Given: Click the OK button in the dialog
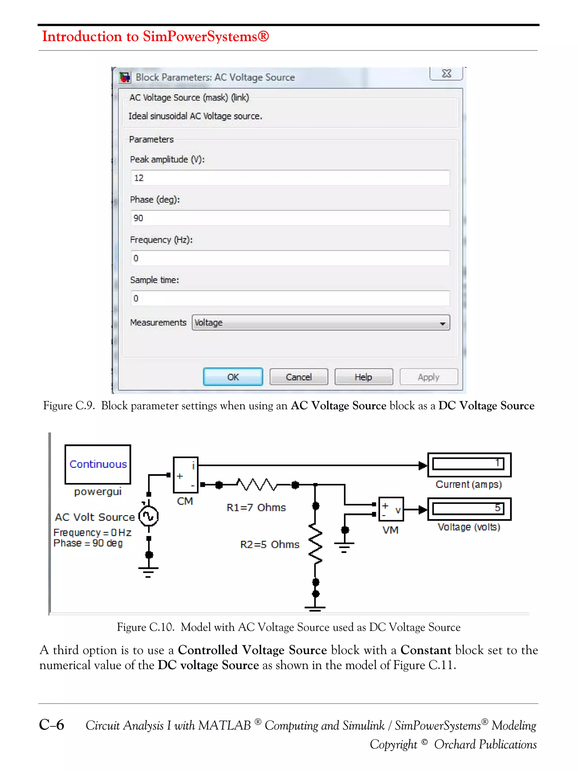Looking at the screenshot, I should click(233, 377).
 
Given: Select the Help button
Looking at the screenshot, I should click(364, 377).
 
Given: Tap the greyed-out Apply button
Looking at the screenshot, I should click(428, 377).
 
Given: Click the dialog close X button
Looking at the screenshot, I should click(446, 74).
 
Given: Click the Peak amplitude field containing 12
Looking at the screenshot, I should click(290, 178).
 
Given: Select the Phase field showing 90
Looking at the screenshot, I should click(290, 218).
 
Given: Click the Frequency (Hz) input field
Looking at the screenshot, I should click(290, 258).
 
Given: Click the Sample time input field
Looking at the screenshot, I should click(290, 298).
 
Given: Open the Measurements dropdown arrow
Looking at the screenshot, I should click(443, 323).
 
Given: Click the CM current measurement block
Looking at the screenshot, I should click(185, 475).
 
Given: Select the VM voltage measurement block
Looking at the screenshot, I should click(391, 509).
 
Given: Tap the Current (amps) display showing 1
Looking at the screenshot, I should click(469, 464).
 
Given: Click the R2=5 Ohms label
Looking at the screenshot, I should click(270, 544).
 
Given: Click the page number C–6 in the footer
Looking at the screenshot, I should click(52, 725).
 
